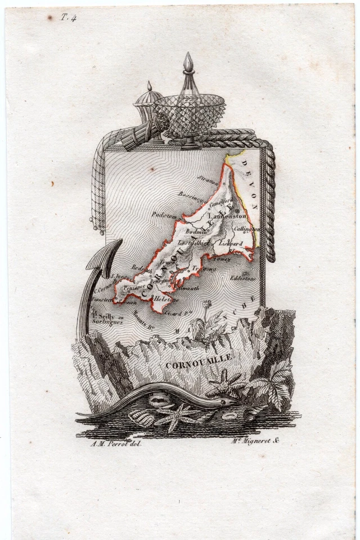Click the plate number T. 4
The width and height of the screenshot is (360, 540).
click(x=69, y=17)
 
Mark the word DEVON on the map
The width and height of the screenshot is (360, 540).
click(x=251, y=183)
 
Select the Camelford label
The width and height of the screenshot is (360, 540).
click(x=221, y=201)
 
